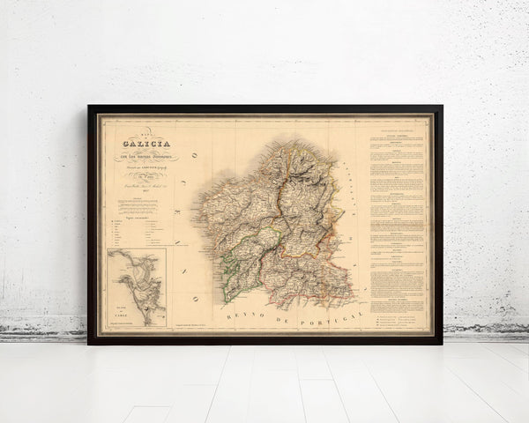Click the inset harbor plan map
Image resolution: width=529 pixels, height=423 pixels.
pyautogui.click(x=137, y=286)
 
